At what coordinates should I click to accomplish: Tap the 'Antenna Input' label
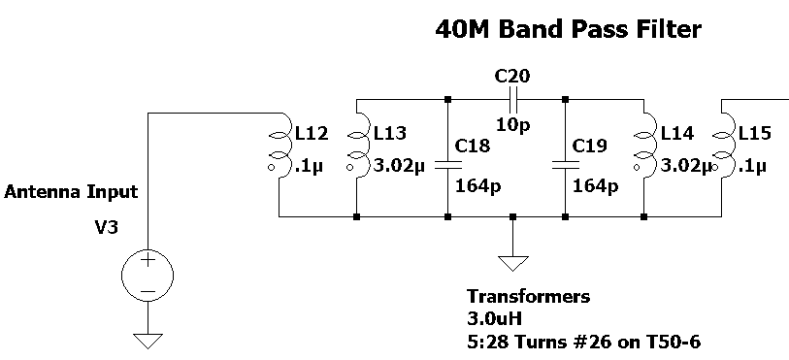71,192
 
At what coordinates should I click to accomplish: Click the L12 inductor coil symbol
279,146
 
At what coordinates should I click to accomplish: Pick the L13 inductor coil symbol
358,146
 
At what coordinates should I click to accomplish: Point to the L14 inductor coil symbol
644,146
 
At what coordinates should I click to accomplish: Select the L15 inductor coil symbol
723,146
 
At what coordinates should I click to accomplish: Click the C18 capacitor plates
447,165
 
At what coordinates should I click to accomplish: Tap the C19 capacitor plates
565,165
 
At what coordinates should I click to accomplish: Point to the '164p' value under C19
595,185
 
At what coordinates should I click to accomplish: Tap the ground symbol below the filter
510,261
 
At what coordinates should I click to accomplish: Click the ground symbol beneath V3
148,340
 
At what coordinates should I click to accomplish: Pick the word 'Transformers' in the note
528,296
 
